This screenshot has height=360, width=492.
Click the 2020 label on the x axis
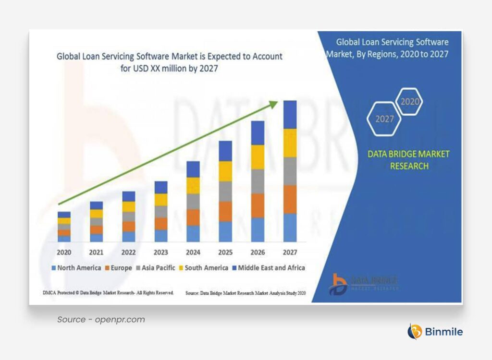tap(64, 252)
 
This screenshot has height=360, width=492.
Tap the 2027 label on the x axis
tap(290, 252)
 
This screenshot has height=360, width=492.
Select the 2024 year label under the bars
tap(193, 252)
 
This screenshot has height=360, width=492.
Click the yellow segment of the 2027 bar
tap(290, 143)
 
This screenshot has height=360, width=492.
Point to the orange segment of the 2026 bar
tap(258, 205)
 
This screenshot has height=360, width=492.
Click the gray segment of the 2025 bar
tap(225, 191)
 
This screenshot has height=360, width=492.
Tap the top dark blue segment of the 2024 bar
tap(193, 169)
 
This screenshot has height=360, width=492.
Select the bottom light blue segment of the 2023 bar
tap(161, 235)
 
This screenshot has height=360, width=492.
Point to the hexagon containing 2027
tap(384, 119)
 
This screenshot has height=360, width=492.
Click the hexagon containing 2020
tap(408, 102)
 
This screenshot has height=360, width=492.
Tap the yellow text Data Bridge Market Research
tap(408, 160)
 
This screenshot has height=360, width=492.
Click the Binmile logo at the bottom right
tap(435, 331)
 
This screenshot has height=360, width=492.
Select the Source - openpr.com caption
tap(101, 320)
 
